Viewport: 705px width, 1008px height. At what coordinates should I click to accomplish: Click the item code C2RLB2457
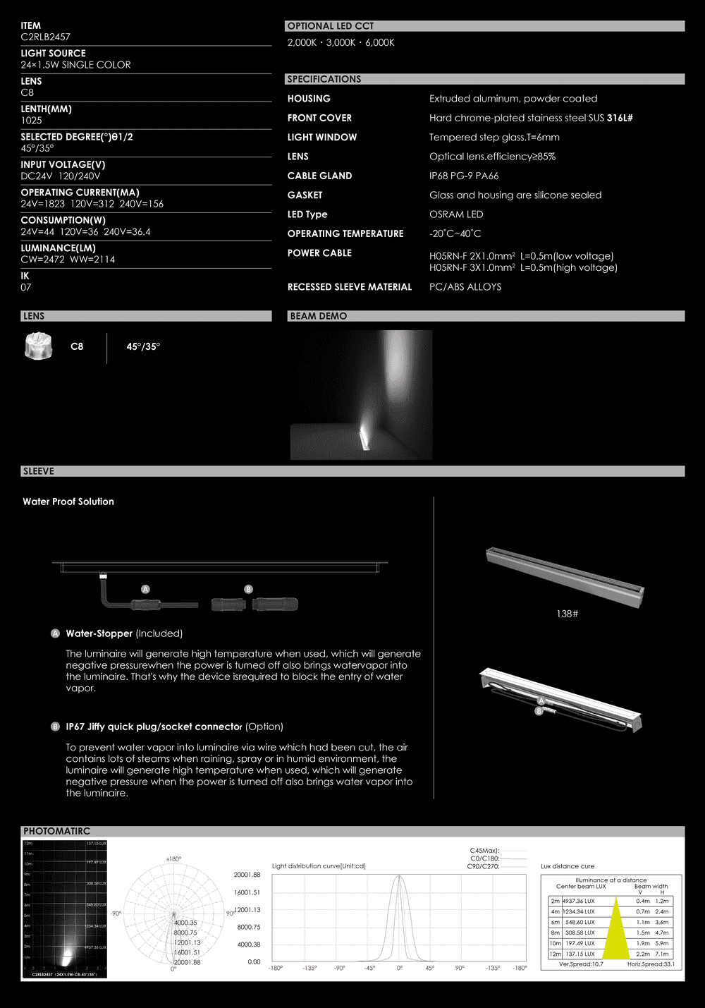click(45, 37)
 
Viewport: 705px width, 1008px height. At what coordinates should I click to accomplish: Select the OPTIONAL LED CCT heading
click(330, 26)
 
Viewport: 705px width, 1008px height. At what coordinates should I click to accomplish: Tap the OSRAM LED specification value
click(456, 214)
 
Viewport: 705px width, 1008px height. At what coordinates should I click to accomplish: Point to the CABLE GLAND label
click(319, 176)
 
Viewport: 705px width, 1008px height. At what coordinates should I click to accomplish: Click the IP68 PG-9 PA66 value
click(464, 176)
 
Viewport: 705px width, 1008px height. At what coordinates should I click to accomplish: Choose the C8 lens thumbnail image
click(38, 346)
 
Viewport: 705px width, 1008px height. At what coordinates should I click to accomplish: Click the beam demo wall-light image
click(361, 395)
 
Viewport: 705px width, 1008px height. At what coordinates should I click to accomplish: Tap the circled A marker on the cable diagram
click(145, 589)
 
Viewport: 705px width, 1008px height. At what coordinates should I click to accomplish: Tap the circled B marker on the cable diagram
click(248, 589)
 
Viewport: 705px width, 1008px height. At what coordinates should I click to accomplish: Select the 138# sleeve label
click(567, 614)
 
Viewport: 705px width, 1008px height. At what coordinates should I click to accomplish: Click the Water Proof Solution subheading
click(68, 502)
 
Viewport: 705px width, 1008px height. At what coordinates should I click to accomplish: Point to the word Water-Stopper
click(99, 633)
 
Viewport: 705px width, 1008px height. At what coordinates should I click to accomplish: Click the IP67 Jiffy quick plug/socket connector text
click(154, 727)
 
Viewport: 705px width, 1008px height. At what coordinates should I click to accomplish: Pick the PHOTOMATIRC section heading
click(56, 831)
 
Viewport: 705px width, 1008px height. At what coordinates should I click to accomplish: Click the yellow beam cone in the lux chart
click(615, 931)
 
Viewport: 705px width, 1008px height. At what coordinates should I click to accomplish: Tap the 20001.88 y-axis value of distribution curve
click(247, 875)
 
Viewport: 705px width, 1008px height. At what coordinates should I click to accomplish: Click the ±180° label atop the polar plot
click(173, 858)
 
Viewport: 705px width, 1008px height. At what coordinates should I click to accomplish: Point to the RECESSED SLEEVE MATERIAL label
click(349, 287)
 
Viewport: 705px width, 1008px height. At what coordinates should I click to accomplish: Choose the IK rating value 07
click(26, 287)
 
